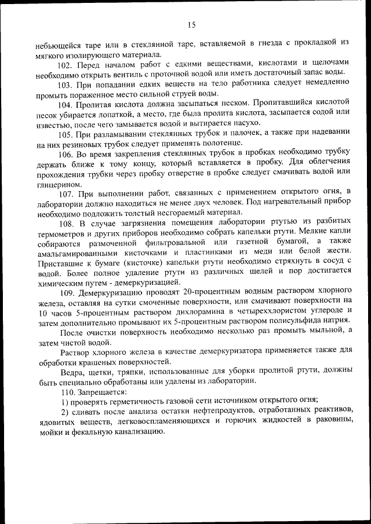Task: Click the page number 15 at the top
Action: pos(192,24)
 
